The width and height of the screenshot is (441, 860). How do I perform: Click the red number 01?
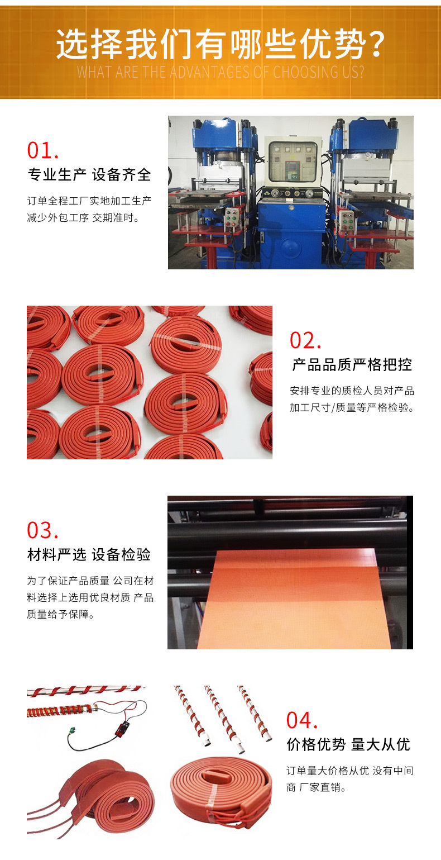[42, 150]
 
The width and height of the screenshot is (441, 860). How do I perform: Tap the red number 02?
[305, 340]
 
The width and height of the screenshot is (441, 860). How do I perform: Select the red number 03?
[42, 531]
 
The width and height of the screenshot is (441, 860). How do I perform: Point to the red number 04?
[302, 721]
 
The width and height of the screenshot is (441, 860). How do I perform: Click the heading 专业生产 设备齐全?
[89, 175]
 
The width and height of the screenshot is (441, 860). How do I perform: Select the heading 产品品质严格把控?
[352, 365]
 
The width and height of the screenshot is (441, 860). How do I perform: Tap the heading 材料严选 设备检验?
[89, 555]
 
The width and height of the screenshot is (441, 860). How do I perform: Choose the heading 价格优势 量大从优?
[348, 745]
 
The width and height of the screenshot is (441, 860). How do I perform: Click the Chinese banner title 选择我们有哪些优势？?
[220, 44]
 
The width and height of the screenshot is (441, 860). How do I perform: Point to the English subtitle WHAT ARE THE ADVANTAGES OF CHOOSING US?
[220, 73]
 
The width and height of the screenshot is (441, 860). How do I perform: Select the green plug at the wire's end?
[71, 730]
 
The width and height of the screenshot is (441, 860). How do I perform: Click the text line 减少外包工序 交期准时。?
[83, 218]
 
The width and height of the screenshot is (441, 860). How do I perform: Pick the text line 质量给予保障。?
[61, 615]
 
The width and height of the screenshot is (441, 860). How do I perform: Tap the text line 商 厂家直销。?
[317, 787]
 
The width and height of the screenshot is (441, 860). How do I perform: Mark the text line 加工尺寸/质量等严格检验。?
[352, 408]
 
